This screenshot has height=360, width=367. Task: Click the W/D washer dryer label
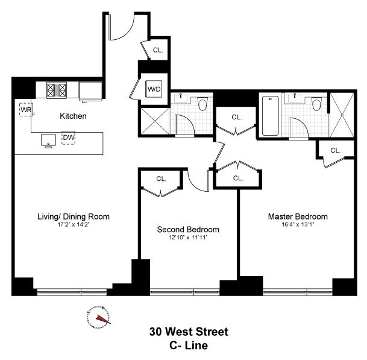(x=154, y=89)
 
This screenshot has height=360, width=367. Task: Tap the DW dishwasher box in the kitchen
(x=69, y=137)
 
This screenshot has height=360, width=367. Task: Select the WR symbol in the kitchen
(x=26, y=110)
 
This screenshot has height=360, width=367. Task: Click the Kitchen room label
(x=73, y=116)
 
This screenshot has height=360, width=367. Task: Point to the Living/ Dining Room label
(x=74, y=216)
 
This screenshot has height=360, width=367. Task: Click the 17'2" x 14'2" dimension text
(x=74, y=225)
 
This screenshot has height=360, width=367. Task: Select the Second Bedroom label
(x=188, y=230)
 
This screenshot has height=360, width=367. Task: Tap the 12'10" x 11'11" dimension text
(x=188, y=238)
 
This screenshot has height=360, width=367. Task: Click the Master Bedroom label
(x=298, y=216)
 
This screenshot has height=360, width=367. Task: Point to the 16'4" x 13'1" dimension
(x=298, y=225)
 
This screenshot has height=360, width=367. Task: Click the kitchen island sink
(x=47, y=139)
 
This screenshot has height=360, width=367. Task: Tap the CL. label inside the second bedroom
(x=161, y=178)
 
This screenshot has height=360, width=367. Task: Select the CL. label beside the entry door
(x=158, y=51)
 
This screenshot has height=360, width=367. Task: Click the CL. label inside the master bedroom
(x=335, y=150)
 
